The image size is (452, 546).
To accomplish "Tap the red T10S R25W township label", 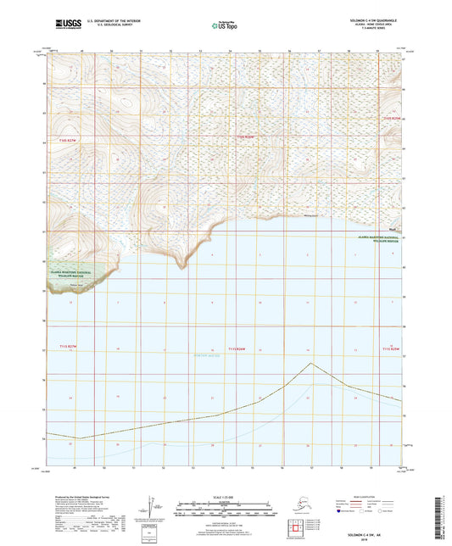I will point(389,118).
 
